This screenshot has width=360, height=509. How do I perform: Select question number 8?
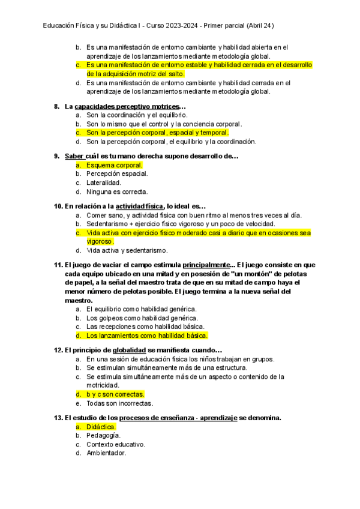56,107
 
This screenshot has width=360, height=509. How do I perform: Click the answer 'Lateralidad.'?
103,182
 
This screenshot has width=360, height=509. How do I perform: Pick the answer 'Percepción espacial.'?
117,173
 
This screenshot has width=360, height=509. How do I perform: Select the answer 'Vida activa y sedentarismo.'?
127,250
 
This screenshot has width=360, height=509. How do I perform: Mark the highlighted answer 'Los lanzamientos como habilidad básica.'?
147,336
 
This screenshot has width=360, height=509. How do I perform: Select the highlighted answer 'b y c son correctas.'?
115,394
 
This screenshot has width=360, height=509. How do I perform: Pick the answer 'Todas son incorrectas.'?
119,403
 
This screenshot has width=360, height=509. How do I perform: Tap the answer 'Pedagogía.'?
103,436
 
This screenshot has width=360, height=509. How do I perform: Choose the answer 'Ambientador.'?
106,453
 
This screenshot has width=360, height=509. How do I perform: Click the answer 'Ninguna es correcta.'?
116,191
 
